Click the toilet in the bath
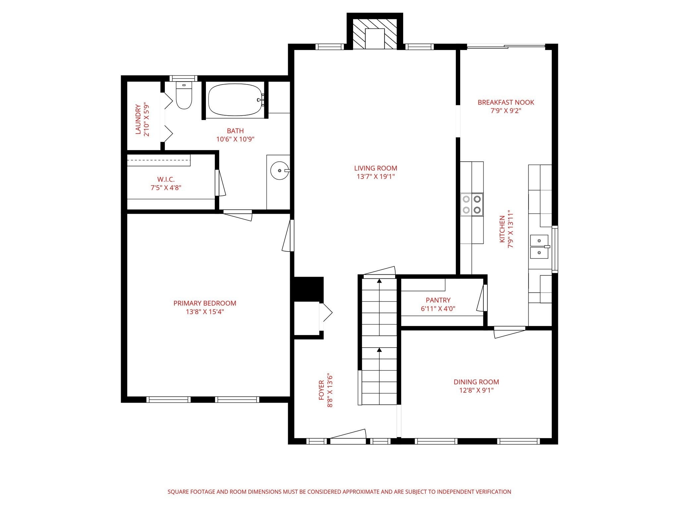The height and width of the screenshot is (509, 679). click(x=184, y=95)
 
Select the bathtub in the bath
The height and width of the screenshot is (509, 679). click(x=236, y=99)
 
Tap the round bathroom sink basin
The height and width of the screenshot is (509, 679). click(x=279, y=171)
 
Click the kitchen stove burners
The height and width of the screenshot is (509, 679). click(x=471, y=204)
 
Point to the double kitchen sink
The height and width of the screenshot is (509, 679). click(x=539, y=247)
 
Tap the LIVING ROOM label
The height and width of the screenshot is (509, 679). click(x=376, y=168)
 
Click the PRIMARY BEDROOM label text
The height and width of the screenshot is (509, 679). click(x=205, y=303)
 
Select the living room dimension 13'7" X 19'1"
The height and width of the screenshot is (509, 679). click(x=376, y=177)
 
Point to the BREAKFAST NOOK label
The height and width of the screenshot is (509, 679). click(x=506, y=102)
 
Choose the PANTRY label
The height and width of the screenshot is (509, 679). click(x=438, y=300)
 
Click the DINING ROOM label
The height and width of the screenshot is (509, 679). click(x=476, y=382)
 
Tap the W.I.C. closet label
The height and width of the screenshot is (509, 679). click(x=166, y=180)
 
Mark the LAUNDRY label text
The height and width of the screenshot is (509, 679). click(x=138, y=120)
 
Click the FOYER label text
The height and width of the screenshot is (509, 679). click(x=321, y=390)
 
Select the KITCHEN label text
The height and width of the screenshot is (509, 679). click(x=502, y=229)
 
